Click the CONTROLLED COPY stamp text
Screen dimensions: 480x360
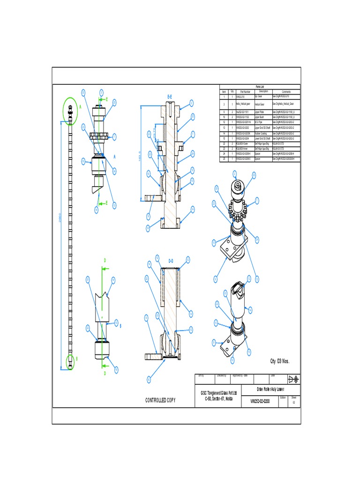click(160, 400)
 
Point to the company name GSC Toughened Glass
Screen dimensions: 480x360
click(219, 392)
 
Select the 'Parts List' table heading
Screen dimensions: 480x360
click(260, 87)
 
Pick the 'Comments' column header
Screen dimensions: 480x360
click(286, 91)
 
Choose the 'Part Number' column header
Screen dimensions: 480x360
click(245, 91)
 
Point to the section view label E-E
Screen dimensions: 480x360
click(170, 97)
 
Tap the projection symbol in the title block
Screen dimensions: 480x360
click(294, 378)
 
